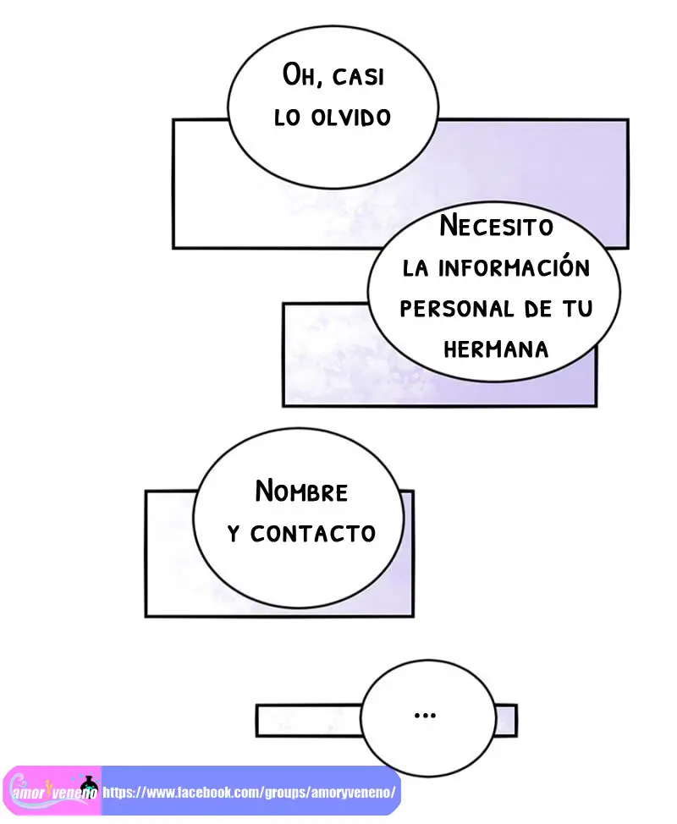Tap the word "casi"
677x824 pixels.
pyautogui.click(x=359, y=77)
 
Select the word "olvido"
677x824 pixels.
pyautogui.click(x=350, y=118)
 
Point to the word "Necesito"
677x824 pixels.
pyautogui.click(x=496, y=226)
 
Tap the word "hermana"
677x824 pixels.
pyautogui.click(x=496, y=349)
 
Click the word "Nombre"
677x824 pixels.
pyautogui.click(x=301, y=492)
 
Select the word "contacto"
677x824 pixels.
pyautogui.click(x=313, y=534)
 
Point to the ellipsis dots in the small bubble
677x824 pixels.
pyautogui.click(x=425, y=715)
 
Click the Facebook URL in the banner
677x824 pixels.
pyautogui.click(x=249, y=792)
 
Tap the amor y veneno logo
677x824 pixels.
pyautogui.click(x=52, y=790)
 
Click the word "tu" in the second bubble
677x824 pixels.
pyautogui.click(x=578, y=309)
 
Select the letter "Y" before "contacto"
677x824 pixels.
pyautogui.click(x=234, y=534)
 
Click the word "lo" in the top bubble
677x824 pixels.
pyautogui.click(x=287, y=118)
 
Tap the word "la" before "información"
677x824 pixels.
pyautogui.click(x=416, y=268)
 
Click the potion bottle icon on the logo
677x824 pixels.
pyautogui.click(x=90, y=785)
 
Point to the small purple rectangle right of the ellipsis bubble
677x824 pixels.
pyautogui.click(x=506, y=721)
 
